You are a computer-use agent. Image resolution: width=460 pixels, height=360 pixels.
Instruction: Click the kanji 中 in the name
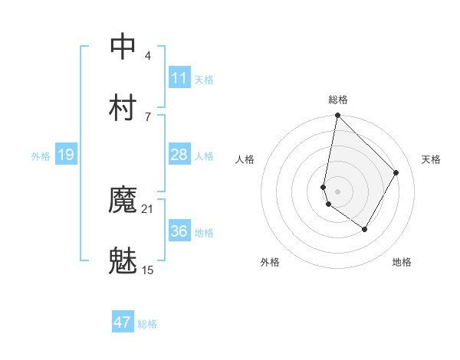123,47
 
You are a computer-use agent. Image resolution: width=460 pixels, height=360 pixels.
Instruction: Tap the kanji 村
123,107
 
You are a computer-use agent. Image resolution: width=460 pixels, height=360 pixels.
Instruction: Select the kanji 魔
123,201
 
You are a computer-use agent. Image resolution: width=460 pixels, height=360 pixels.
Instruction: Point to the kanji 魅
123,261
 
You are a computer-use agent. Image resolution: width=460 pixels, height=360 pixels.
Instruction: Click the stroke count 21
148,208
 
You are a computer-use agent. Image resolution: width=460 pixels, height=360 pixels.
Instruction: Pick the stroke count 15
148,270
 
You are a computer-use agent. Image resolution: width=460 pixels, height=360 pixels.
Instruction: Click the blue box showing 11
179,78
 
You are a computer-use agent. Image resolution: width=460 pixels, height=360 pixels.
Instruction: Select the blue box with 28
179,155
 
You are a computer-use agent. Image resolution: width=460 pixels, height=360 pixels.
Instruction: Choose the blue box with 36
179,231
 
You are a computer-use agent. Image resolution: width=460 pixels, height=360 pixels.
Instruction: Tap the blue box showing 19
66,155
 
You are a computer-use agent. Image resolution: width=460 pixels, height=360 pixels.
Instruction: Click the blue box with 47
123,322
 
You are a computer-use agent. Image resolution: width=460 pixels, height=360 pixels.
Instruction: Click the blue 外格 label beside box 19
41,156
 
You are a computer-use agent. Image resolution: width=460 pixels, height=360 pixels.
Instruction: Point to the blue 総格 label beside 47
147,324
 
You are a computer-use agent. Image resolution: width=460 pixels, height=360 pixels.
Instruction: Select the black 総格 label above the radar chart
338,100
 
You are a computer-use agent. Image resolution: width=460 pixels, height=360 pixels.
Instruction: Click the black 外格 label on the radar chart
270,262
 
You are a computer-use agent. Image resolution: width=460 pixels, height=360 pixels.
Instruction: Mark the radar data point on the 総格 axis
337,116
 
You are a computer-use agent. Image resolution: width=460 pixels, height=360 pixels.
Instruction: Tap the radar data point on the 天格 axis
396,172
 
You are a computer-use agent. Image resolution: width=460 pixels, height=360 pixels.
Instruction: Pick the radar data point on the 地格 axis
365,229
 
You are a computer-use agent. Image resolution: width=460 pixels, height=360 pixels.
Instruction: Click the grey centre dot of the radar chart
337,191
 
